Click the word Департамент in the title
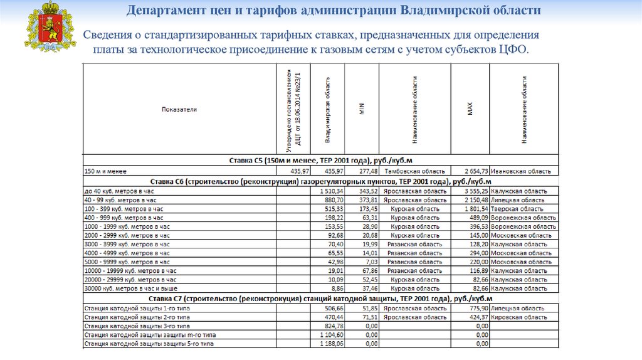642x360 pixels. pos(164,11)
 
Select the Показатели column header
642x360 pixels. pos(179,109)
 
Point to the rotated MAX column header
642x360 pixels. pos(469,109)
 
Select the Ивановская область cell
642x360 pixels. pos(521,171)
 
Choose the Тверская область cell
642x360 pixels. pos(517,209)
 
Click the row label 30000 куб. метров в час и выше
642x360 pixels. pos(128,289)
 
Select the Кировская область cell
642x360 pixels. pos(518,317)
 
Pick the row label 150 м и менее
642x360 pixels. pos(105,171)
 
